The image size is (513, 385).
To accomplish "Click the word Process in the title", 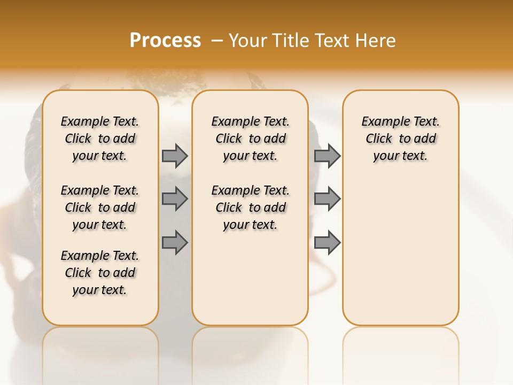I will pyautogui.click(x=165, y=41).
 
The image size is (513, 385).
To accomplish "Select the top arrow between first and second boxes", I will pyautogui.click(x=175, y=156).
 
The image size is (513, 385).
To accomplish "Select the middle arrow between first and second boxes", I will pyautogui.click(x=175, y=199).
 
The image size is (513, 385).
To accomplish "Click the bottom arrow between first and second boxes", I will pyautogui.click(x=175, y=242).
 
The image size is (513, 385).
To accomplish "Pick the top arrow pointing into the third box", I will pyautogui.click(x=327, y=156).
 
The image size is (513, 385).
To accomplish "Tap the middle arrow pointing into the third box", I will pyautogui.click(x=327, y=199).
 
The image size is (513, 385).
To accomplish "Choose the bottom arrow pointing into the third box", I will pyautogui.click(x=327, y=242).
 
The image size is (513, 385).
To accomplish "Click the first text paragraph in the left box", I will pyautogui.click(x=100, y=138).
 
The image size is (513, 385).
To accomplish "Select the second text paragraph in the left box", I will pyautogui.click(x=100, y=207).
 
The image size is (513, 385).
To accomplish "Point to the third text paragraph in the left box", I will pyautogui.click(x=100, y=273).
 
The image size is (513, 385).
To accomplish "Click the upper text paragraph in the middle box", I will pyautogui.click(x=250, y=138).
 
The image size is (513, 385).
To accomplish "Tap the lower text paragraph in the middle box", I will pyautogui.click(x=250, y=207).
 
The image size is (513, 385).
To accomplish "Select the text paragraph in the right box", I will pyautogui.click(x=401, y=138).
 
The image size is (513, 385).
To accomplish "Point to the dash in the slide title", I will pyautogui.click(x=217, y=41).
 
